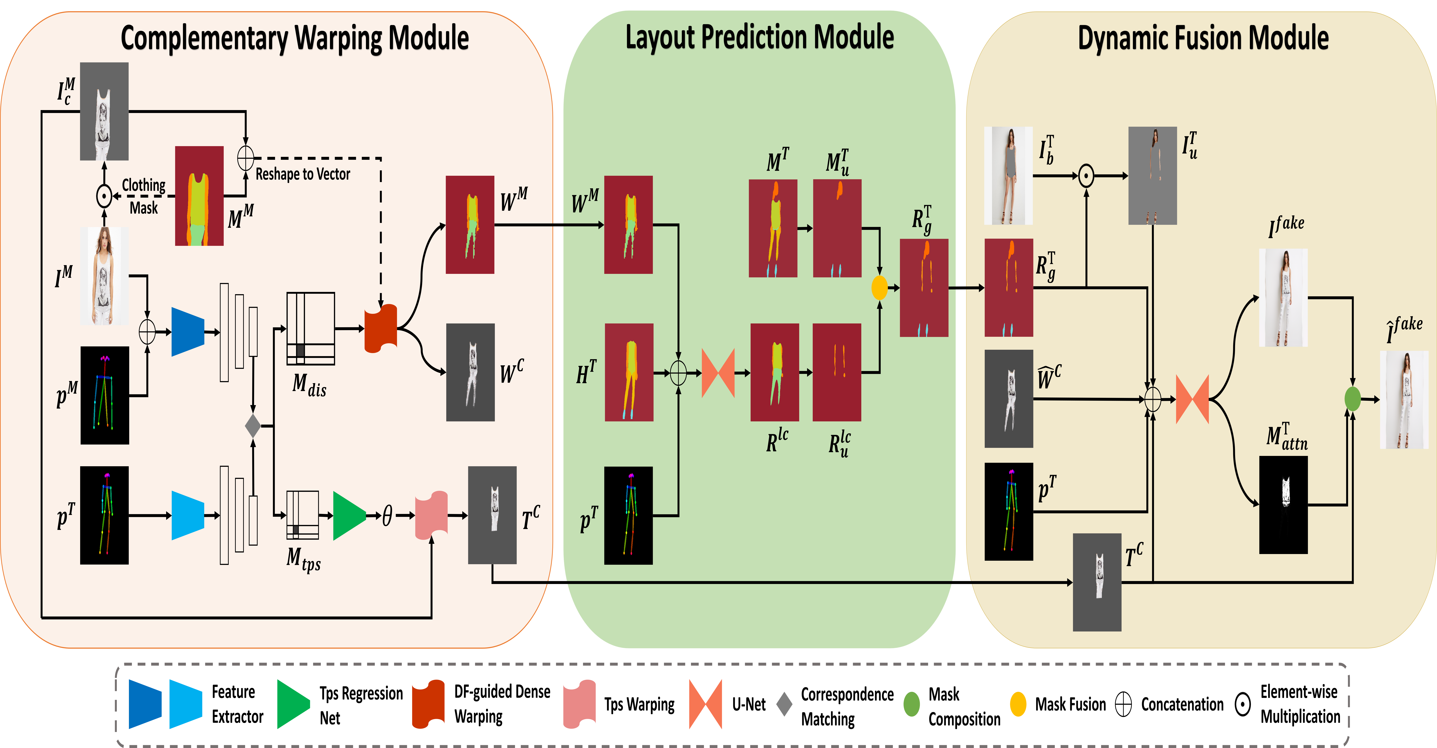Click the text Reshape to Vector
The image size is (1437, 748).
[x=303, y=174]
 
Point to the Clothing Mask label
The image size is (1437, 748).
[x=143, y=196]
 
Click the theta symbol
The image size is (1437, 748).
[x=387, y=516]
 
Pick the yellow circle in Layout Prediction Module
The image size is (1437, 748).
[x=879, y=288]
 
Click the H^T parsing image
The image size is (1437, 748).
[x=629, y=372]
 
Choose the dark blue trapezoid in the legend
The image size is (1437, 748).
[x=145, y=704]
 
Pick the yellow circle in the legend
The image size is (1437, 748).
[x=1018, y=704]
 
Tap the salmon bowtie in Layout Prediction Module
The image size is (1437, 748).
[x=718, y=373]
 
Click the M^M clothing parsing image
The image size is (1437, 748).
[x=199, y=196]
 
